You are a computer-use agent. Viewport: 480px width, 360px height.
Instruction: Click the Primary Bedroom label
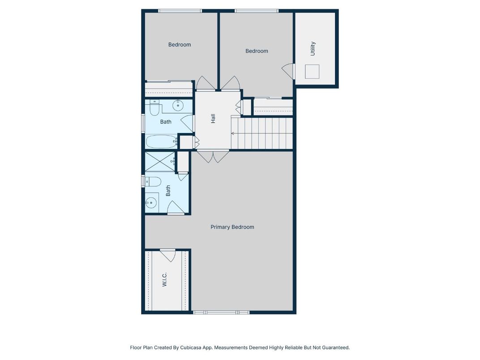[232, 227]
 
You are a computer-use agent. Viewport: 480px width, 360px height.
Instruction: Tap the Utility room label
[313, 48]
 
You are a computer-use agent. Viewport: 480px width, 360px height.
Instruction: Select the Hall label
[213, 119]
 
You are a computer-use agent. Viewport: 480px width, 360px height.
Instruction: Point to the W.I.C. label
[164, 279]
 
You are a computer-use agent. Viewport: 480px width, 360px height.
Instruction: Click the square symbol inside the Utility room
[312, 72]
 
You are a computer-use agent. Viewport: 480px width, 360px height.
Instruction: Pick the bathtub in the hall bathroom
[162, 141]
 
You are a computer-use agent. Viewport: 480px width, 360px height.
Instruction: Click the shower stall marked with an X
[160, 161]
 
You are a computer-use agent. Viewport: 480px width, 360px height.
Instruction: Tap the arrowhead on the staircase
[233, 133]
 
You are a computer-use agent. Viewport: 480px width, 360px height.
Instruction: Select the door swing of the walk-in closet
[168, 255]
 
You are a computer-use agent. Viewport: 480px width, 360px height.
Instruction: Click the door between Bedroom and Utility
[288, 71]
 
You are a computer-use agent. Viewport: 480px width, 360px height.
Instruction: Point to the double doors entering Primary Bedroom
[213, 156]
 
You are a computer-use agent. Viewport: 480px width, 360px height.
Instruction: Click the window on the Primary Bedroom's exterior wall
[221, 312]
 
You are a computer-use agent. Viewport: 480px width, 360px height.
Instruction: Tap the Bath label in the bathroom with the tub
[166, 122]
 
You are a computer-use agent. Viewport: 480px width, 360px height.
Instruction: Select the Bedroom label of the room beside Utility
[257, 51]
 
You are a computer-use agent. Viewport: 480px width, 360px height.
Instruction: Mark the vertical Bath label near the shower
[168, 191]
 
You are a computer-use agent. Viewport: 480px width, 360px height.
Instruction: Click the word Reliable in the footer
[294, 347]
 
